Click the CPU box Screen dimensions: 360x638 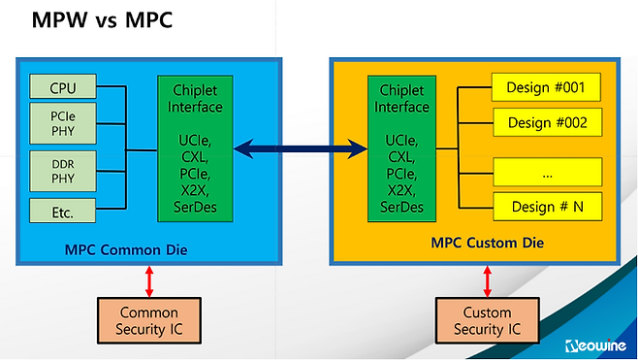pos(64,88)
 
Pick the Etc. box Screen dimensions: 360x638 pos(64,209)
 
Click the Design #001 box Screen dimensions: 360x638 pos(547,88)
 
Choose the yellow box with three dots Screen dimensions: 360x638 pos(547,173)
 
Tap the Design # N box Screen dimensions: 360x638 pos(547,206)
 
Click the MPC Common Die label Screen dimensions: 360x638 pos(134,250)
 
